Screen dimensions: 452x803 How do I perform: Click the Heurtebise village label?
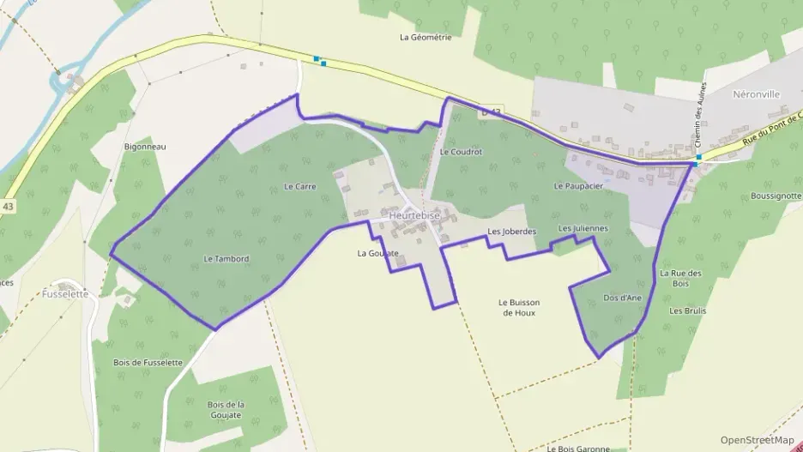[414, 216]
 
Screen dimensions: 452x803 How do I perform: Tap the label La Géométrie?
[426, 37]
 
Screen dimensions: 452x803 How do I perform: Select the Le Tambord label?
[226, 258]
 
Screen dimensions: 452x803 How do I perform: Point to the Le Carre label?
[300, 185]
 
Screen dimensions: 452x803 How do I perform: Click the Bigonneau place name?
[145, 147]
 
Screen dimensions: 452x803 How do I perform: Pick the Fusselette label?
[65, 293]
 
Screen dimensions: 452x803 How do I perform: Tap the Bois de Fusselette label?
[148, 363]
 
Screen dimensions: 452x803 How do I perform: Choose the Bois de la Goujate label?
[226, 409]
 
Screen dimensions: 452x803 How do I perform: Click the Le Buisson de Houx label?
[519, 307]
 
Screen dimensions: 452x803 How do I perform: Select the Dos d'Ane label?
[623, 298]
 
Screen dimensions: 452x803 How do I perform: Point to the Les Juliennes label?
[583, 228]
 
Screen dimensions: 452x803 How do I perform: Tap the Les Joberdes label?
[511, 232]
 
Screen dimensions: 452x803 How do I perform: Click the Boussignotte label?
[776, 196]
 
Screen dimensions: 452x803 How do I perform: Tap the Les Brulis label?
[688, 310]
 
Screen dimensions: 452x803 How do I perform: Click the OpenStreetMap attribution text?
[757, 440]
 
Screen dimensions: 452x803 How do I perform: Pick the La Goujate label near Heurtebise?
[378, 253]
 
